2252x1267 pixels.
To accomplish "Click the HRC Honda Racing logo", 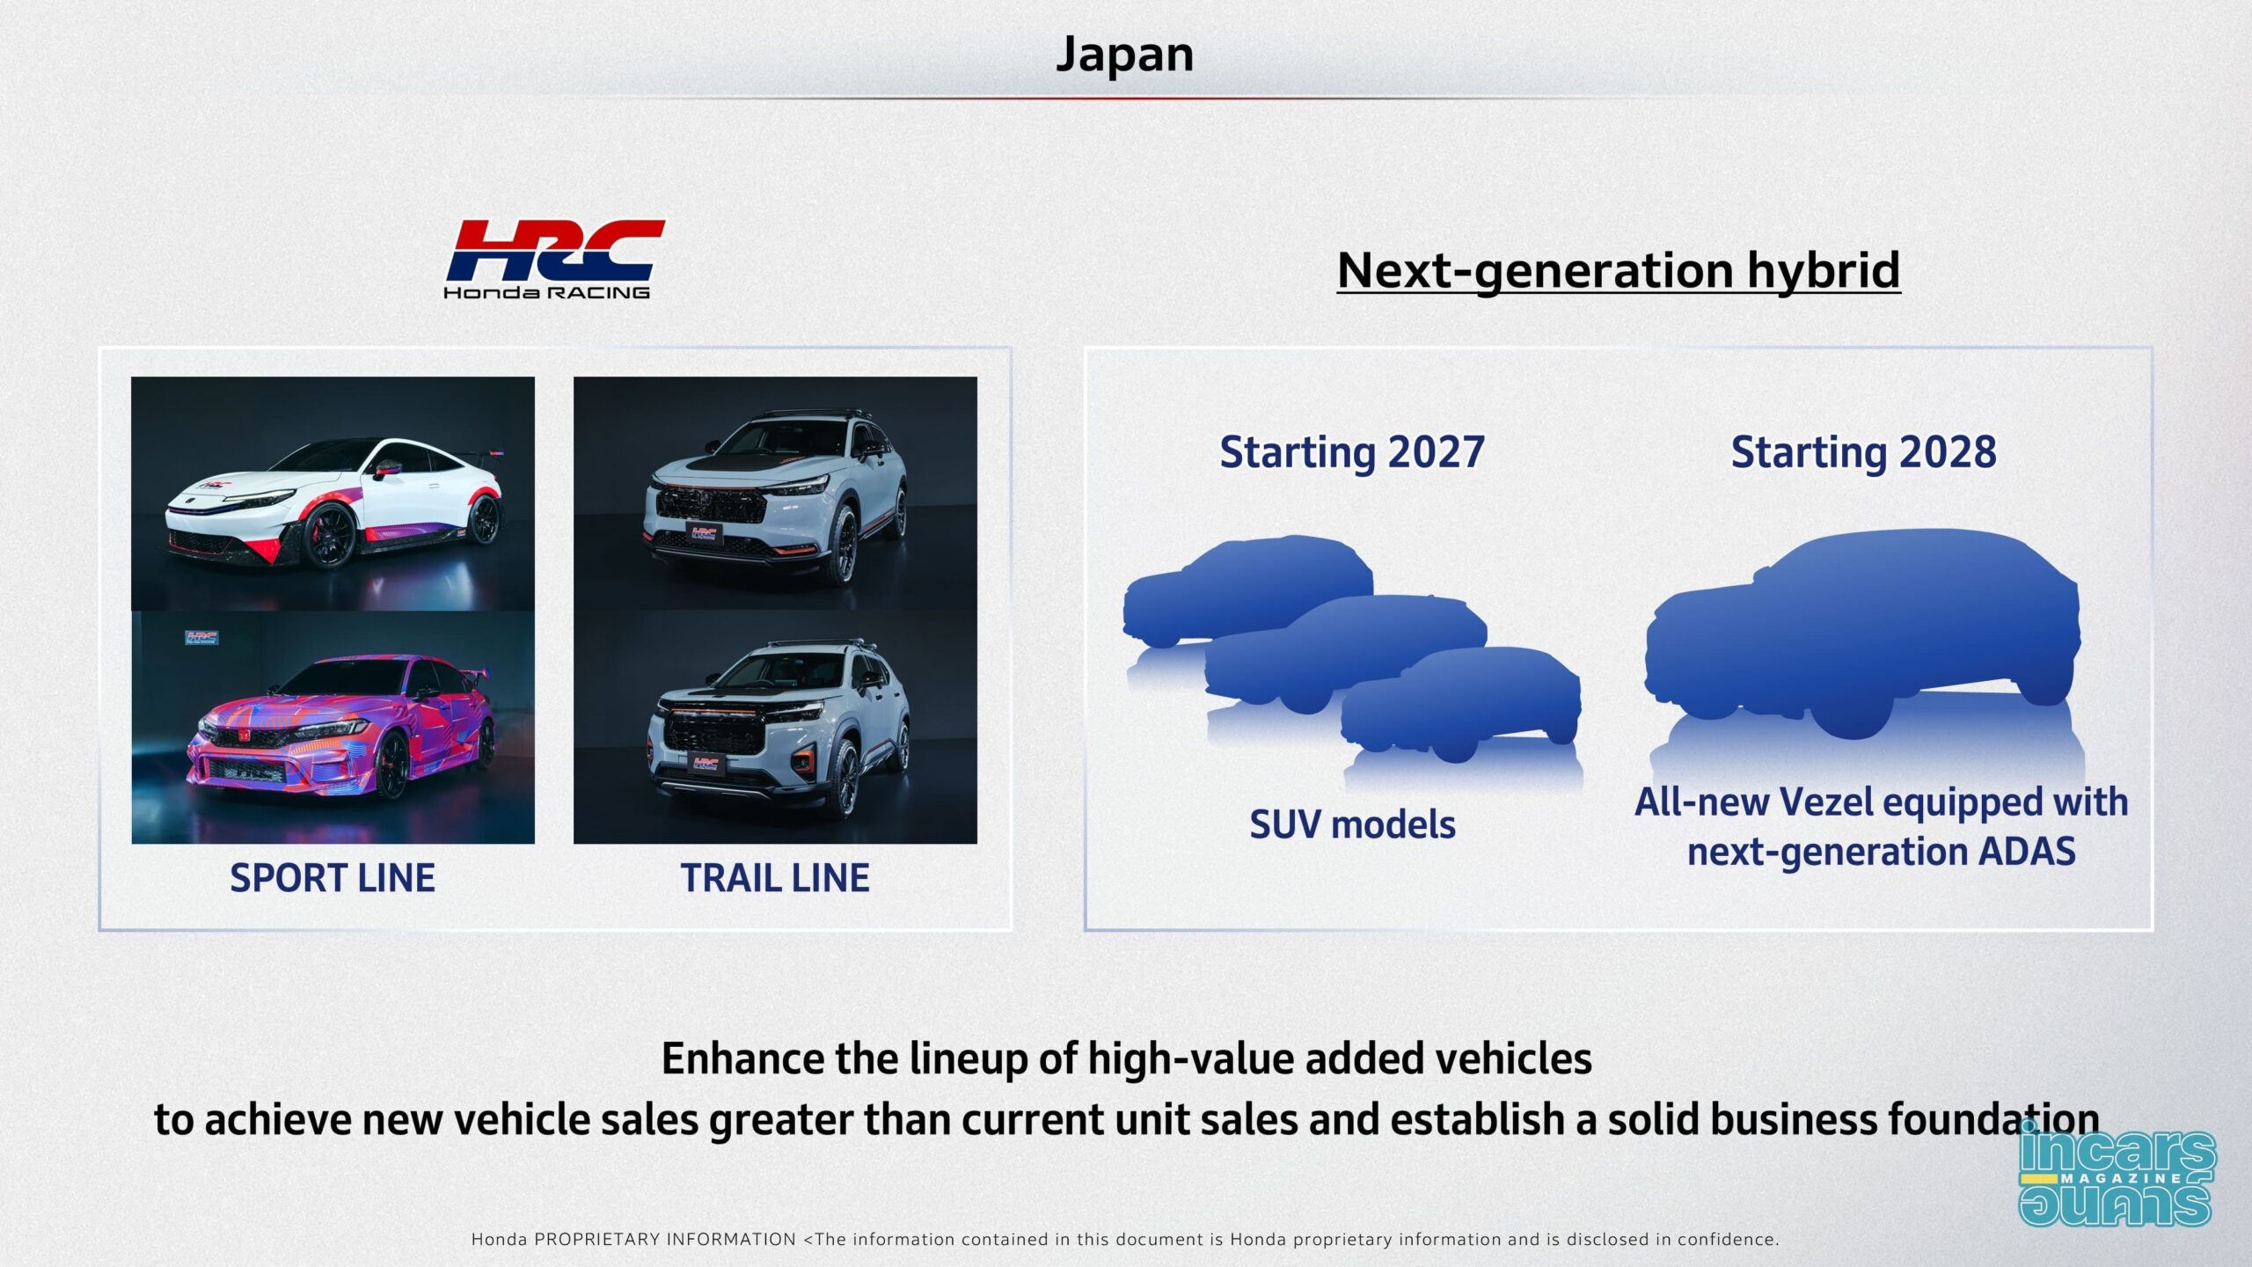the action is (554, 259).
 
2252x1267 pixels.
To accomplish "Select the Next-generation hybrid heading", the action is (1619, 270).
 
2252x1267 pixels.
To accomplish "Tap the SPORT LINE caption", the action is (333, 878).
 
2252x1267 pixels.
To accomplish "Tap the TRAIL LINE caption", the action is (775, 878).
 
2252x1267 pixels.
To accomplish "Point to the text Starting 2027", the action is (1352, 453).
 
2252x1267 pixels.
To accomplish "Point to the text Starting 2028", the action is (1864, 453).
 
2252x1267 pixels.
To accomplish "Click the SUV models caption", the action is (1352, 825).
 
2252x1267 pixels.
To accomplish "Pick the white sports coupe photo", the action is (333, 494).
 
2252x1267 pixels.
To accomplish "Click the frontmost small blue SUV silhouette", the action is (1461, 705).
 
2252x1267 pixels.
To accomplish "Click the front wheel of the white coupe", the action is (330, 536).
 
